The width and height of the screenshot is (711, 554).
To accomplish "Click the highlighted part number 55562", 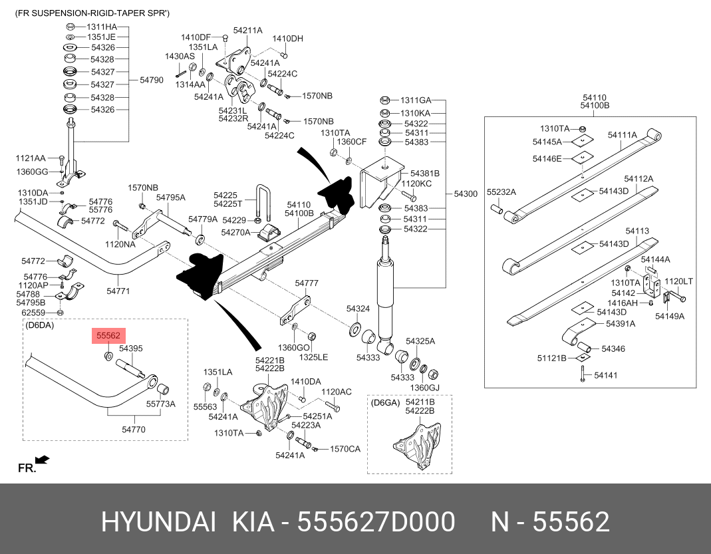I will coord(107,337).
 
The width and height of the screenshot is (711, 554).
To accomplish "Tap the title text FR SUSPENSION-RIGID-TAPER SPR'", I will coord(92,13).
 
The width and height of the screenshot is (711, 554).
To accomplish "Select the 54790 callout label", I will coord(151,80).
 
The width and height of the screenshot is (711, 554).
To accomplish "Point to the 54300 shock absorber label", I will coord(466,194).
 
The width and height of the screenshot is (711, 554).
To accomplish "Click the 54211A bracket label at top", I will coord(247,31).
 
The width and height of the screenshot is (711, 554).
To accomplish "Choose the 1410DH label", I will coord(287,39).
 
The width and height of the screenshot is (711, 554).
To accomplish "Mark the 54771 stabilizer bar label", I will coord(118,291).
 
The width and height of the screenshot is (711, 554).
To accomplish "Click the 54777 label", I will coord(307,283).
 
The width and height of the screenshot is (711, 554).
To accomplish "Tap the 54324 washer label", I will coord(358,309).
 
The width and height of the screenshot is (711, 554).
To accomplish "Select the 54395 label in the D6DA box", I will coord(131,348).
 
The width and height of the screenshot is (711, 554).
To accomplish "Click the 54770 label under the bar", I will coord(133,430).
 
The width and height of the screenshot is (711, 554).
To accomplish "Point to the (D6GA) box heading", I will coord(386,402).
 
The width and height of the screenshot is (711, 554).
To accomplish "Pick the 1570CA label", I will coord(345,450).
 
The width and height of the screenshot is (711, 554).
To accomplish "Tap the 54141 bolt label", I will coord(606,375).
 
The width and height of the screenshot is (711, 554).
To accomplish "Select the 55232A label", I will coord(501,192).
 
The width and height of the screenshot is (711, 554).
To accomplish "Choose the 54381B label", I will coord(425,173).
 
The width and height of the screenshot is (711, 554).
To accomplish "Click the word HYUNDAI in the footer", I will coord(158,523).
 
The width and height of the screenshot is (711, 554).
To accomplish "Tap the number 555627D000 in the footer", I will coord(376,523).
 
